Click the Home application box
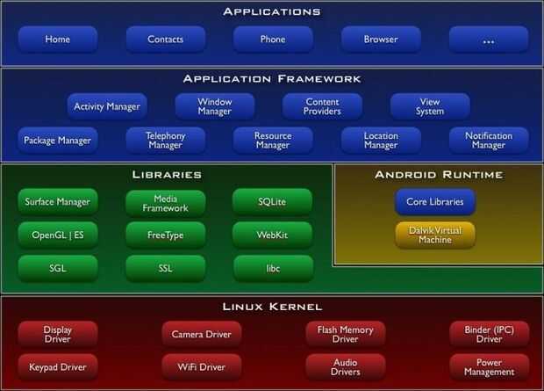point(57,40)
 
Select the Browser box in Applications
point(381,40)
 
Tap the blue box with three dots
point(489,40)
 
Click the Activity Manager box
point(107,107)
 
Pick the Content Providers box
point(322,107)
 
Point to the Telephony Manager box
point(165,141)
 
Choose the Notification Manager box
point(489,141)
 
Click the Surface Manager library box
point(57,201)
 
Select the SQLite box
point(272,201)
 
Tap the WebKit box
point(272,235)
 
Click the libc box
point(272,267)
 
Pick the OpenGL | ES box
point(57,235)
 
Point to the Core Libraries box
point(434,201)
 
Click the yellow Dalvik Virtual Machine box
point(434,235)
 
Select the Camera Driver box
point(201,334)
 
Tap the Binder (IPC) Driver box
point(489,334)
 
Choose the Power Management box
point(489,366)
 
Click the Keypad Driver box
point(57,366)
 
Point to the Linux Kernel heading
point(272,307)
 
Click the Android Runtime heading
point(438,174)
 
